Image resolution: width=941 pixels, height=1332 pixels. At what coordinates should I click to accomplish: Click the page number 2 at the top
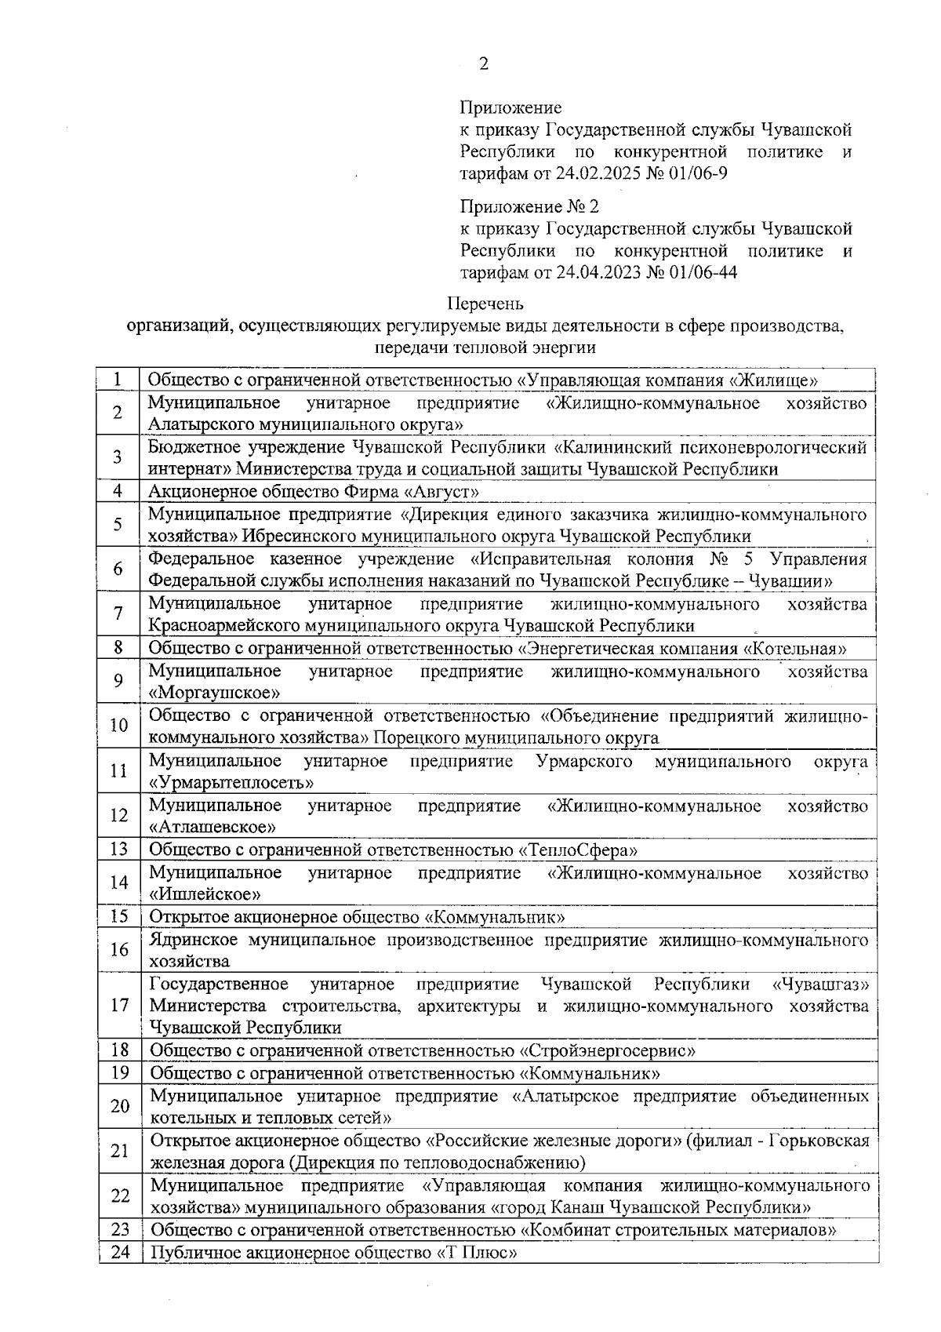(483, 64)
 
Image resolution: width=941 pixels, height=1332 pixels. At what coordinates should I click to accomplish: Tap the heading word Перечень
(485, 303)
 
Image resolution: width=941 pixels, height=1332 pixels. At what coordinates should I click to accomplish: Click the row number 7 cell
(118, 614)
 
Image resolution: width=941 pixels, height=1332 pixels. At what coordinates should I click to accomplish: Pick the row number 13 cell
(118, 850)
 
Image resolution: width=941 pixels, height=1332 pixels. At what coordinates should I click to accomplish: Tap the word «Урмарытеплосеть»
(233, 783)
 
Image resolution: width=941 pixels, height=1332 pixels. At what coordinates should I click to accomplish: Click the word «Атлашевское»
(213, 828)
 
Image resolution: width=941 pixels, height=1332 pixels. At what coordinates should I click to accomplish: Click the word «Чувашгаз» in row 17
(820, 984)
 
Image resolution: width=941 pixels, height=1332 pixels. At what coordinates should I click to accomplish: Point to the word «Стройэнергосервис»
(608, 1051)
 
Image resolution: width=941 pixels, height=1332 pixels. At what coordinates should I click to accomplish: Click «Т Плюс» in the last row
(477, 1254)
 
